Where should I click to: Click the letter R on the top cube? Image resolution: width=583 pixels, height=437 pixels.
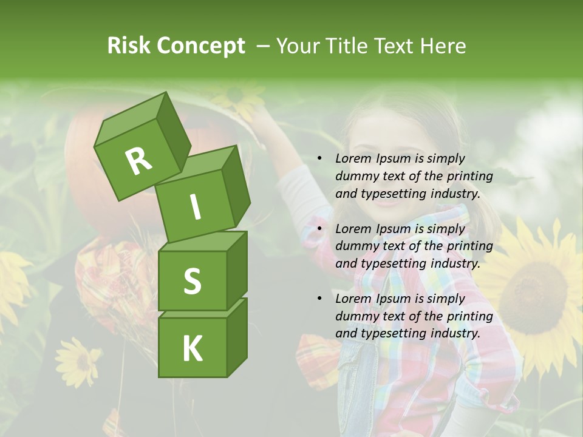[x=138, y=161]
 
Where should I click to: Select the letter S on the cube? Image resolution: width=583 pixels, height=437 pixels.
[x=192, y=282]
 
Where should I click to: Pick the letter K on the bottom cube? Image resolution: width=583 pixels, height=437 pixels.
[x=192, y=348]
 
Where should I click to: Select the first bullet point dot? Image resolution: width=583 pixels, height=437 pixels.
[x=319, y=158]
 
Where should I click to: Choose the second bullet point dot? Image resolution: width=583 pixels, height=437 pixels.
[x=319, y=229]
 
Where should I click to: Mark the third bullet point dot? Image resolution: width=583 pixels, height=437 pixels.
[x=319, y=299]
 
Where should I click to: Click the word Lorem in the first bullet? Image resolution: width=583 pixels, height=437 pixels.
[x=351, y=158]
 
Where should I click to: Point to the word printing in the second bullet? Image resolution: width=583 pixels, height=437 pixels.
[x=469, y=246]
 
